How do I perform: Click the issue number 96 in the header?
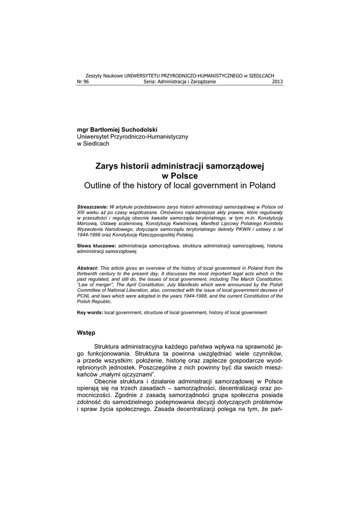point(86,82)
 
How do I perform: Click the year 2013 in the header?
point(277,82)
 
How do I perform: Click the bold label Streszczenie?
point(92,206)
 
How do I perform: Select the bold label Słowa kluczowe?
point(96,246)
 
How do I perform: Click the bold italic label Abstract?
point(88,267)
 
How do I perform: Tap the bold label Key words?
point(90,313)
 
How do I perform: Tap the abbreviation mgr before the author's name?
point(83,129)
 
